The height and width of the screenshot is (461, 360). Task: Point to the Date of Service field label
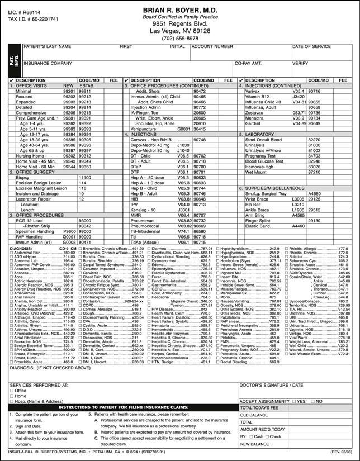pos(311,47)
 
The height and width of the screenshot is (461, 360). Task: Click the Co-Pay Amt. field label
pos(249,63)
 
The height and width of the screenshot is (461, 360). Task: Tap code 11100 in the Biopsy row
pos(85,177)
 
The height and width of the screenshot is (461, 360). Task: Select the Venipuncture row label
pos(144,129)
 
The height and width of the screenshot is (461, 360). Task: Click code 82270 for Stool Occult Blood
pos(314,139)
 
